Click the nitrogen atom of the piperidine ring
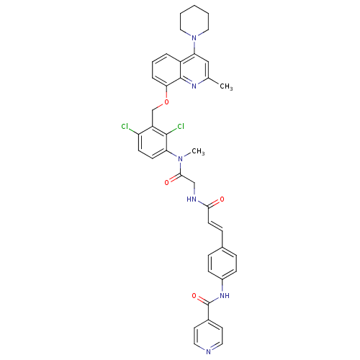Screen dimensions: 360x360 194,37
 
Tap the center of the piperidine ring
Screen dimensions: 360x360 194,22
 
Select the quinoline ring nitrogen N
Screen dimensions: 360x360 194,86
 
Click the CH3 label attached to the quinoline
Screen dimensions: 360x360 226,86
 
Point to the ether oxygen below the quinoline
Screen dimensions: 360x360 166,102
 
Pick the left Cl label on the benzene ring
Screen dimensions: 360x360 125,126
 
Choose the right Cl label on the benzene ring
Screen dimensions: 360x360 181,126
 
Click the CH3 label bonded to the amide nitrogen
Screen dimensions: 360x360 198,151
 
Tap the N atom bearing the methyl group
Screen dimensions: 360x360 180,158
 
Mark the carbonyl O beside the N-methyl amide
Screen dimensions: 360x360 167,183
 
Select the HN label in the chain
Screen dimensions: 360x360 192,199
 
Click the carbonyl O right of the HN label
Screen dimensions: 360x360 222,199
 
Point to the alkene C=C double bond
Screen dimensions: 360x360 215,227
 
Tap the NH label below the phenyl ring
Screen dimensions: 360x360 225,295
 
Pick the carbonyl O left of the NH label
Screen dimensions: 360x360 194,295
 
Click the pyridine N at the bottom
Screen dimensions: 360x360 208,352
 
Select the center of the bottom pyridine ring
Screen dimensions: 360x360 208,336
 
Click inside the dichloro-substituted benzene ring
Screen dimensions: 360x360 153,143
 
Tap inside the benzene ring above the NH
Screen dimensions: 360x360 222,263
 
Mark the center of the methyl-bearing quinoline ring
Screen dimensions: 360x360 194,70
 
